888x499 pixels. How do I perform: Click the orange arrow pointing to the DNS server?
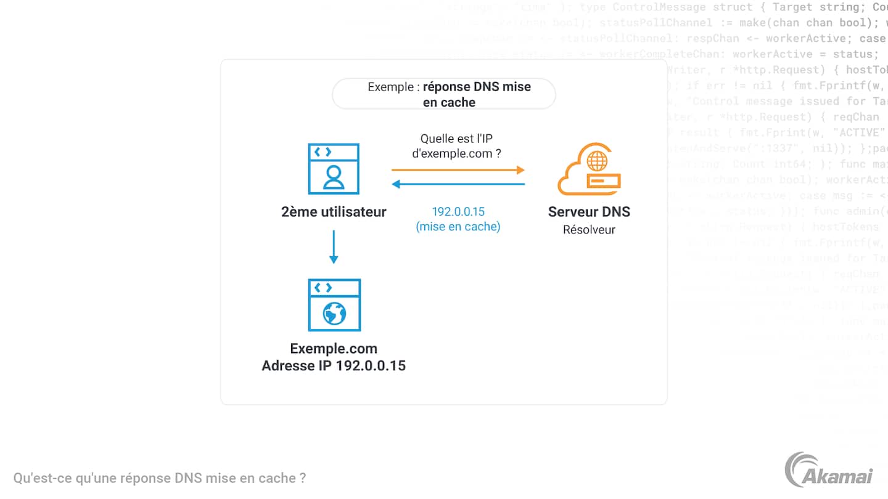[458, 169]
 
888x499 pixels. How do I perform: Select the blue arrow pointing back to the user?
[458, 184]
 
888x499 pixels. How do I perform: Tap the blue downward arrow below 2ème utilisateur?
[334, 246]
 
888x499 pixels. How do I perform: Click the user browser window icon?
[334, 169]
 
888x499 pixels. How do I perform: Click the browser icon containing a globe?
[334, 305]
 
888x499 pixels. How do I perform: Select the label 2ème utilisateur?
[334, 213]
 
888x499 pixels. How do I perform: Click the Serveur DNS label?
[589, 213]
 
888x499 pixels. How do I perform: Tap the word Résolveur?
[589, 230]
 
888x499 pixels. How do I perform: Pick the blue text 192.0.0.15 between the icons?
[458, 212]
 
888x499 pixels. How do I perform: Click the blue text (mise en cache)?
[458, 227]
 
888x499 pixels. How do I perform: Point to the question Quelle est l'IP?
[456, 139]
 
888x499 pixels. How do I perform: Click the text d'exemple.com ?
[456, 153]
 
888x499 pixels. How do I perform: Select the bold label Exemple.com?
[334, 349]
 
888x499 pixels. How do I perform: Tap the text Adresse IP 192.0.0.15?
[334, 365]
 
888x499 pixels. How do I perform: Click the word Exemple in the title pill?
[390, 87]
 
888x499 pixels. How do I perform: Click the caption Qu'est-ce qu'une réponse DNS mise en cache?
[159, 478]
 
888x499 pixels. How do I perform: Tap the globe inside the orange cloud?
[597, 161]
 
